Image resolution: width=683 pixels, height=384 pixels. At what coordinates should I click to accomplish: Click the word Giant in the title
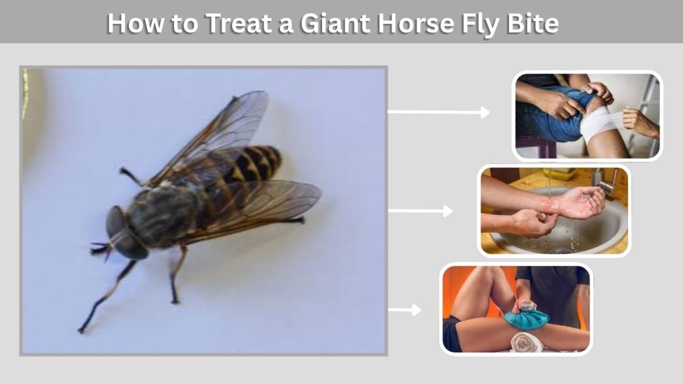pos(335,24)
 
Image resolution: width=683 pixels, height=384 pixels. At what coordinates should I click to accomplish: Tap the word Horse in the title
pos(416,24)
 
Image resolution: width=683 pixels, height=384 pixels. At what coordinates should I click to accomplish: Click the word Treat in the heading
pos(239,24)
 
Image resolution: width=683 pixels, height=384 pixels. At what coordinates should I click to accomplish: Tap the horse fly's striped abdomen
pos(244,171)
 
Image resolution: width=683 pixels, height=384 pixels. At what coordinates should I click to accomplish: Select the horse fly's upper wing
pos(213,134)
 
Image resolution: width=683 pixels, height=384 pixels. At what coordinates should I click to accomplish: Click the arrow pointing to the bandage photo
pos(439,112)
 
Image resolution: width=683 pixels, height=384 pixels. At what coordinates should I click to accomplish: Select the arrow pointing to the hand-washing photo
pos(420,211)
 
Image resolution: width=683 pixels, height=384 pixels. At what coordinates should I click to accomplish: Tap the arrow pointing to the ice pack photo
pos(405,310)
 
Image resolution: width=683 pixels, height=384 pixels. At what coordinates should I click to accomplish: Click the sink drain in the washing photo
pos(560,251)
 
